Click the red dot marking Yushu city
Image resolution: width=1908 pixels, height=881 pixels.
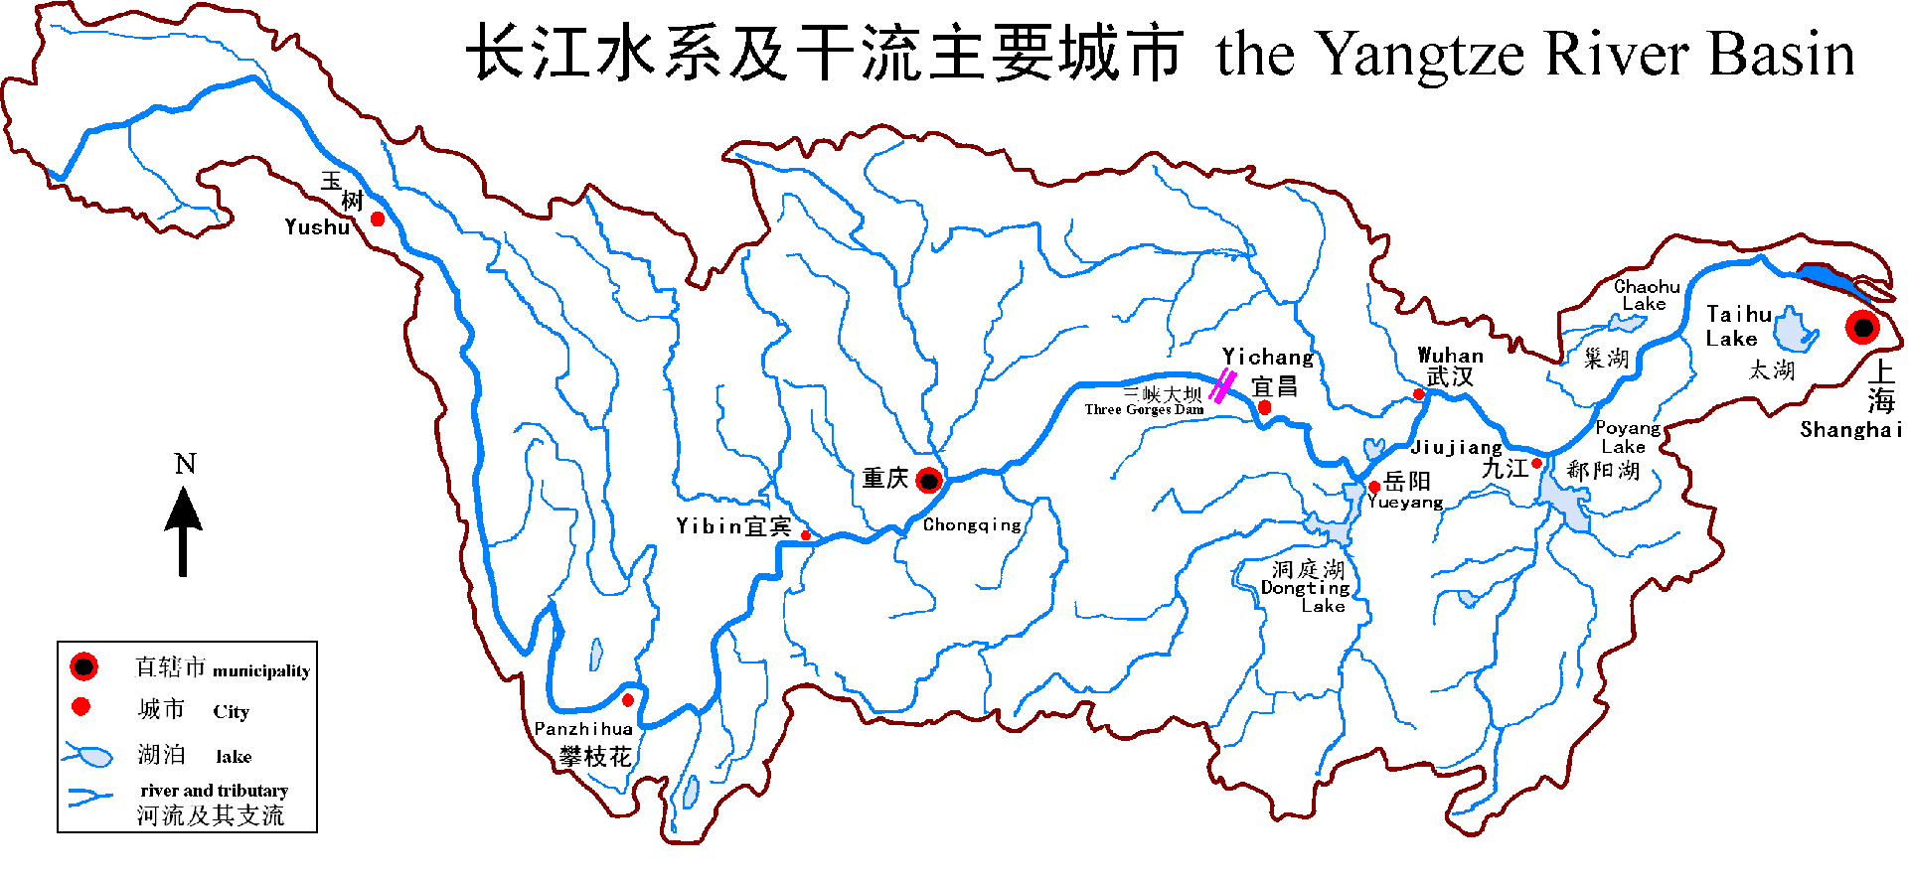378,219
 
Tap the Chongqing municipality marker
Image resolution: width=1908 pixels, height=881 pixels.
929,481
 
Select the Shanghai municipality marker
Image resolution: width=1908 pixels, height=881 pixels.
1862,327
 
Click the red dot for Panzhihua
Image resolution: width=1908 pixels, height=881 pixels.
627,700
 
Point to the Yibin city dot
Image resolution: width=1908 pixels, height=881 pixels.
806,535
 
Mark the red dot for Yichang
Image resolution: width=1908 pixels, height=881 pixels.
1264,407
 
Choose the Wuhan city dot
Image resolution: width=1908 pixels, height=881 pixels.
1419,394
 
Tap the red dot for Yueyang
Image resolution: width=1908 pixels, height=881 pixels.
1374,487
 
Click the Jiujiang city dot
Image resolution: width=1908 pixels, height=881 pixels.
1536,463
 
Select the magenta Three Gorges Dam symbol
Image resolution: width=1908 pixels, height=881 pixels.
1222,385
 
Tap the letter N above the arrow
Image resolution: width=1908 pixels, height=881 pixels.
185,464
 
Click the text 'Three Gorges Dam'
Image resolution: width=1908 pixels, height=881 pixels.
1144,409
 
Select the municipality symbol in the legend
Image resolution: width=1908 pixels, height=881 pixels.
83,666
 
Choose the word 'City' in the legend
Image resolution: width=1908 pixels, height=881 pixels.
231,711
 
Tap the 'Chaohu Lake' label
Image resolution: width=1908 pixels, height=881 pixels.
1647,295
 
